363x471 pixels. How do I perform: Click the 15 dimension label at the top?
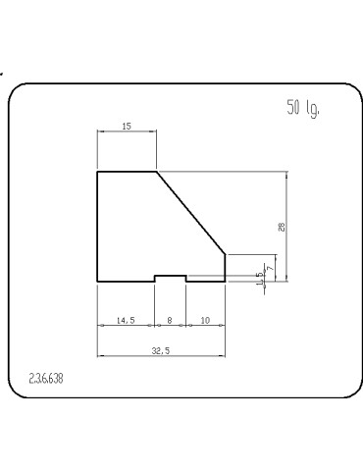pyautogui.click(x=127, y=126)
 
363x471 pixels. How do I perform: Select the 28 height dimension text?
pyautogui.click(x=282, y=227)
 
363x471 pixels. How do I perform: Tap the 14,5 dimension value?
pyautogui.click(x=126, y=321)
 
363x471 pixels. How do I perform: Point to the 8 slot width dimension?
pyautogui.click(x=170, y=321)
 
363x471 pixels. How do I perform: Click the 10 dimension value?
pyautogui.click(x=205, y=321)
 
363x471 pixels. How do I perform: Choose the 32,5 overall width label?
pyautogui.click(x=161, y=351)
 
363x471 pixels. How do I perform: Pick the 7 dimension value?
pyautogui.click(x=270, y=268)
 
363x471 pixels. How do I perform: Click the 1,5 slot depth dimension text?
pyautogui.click(x=260, y=279)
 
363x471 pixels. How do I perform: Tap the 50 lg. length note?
pyautogui.click(x=303, y=108)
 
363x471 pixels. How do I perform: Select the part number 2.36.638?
pyautogui.click(x=46, y=379)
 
